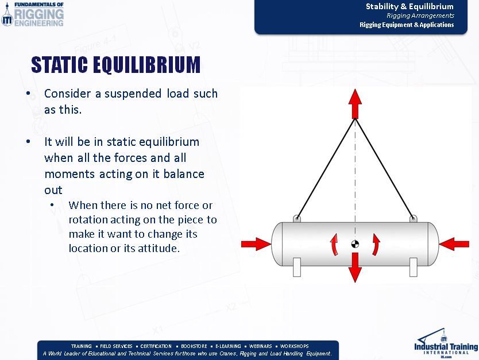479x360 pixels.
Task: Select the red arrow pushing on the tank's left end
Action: pyautogui.click(x=255, y=243)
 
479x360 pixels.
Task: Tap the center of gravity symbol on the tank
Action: pyautogui.click(x=355, y=245)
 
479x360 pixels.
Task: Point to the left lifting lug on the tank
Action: pyautogui.click(x=296, y=218)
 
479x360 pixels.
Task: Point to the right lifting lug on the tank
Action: pyautogui.click(x=413, y=218)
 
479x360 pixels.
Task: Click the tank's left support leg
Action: pyautogui.click(x=296, y=267)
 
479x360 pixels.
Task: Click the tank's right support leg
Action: pyautogui.click(x=413, y=267)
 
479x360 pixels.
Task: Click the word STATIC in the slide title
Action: pyautogui.click(x=63, y=65)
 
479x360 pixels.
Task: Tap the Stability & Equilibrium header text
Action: pyautogui.click(x=410, y=7)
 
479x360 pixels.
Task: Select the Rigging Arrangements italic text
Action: pyautogui.click(x=420, y=16)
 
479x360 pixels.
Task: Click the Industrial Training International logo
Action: pyautogui.click(x=446, y=343)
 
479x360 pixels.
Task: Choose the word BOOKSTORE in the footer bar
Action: pyautogui.click(x=194, y=346)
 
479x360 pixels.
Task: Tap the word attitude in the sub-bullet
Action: pyautogui.click(x=158, y=249)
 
